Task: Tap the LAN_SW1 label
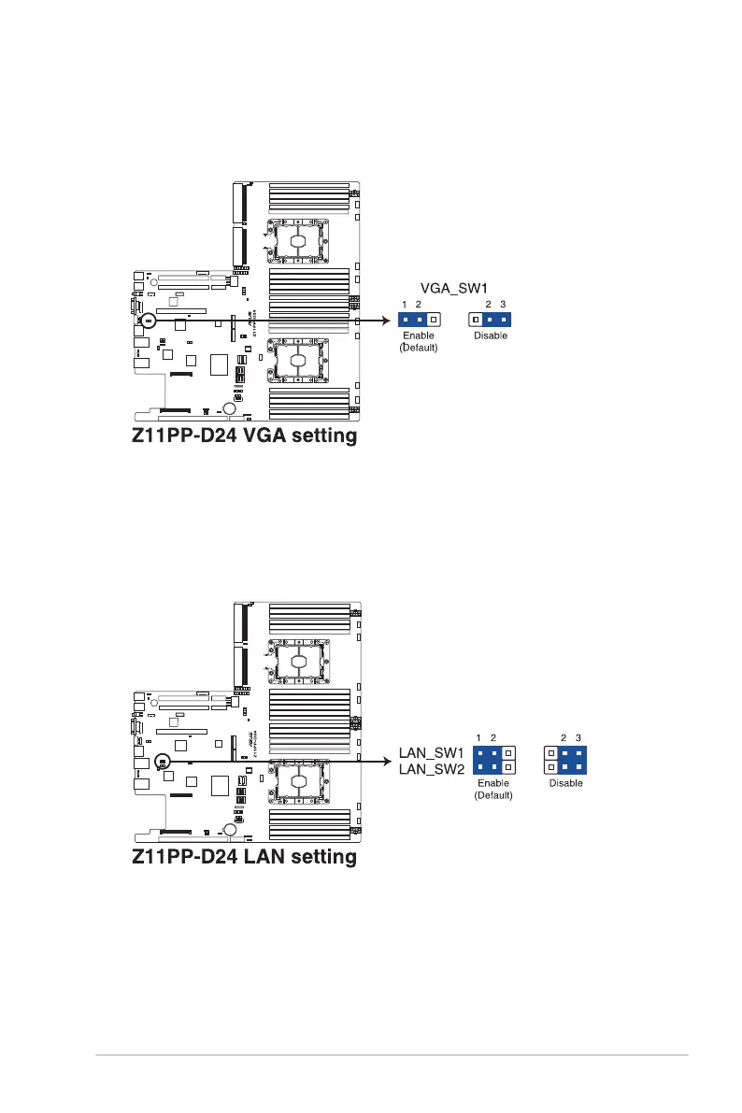point(432,750)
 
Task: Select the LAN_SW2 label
point(432,768)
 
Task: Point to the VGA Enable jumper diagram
point(419,319)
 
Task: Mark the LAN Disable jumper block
point(565,760)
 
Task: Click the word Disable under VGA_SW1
point(491,335)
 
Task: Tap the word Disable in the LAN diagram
point(565,783)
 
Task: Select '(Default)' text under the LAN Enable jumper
point(493,795)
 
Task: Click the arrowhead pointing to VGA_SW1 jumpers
point(385,320)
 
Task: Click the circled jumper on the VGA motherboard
point(149,320)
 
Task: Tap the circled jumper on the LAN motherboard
point(162,762)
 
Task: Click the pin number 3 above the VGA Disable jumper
point(503,306)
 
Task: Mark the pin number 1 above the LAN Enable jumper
point(478,738)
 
